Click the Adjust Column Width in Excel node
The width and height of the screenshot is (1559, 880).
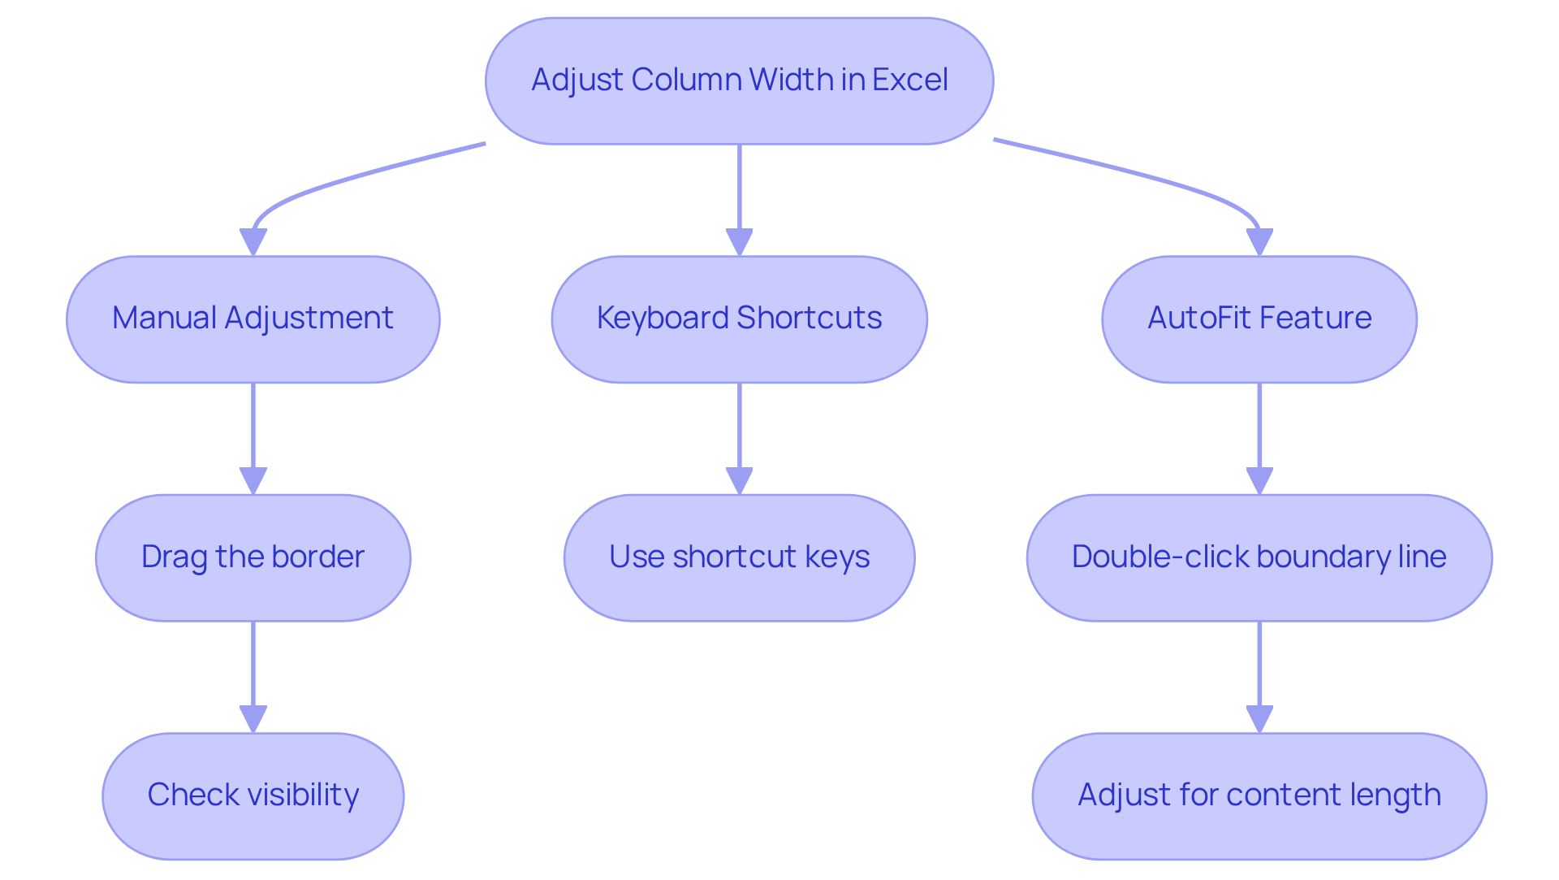[739, 81]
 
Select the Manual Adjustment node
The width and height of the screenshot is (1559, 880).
[253, 319]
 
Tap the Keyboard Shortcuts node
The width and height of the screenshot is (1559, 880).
[739, 319]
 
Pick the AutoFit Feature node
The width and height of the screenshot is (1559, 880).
[1259, 319]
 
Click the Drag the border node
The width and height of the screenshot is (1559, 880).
[253, 557]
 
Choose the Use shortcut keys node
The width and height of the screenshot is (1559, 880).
[739, 557]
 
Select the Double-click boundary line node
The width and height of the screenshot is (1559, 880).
[1259, 557]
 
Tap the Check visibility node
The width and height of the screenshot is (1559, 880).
[253, 795]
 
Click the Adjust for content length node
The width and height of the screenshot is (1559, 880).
[1259, 795]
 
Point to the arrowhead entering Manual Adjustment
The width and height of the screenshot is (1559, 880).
[253, 242]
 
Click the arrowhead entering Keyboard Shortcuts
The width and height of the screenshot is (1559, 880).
[739, 242]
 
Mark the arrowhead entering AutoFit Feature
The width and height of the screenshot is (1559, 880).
[1259, 242]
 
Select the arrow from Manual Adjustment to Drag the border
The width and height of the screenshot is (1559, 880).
[253, 431]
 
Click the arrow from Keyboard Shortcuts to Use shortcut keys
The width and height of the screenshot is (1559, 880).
[739, 431]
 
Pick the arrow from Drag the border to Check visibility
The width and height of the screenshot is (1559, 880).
[253, 670]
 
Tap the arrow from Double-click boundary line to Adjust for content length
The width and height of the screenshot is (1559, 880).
[1259, 670]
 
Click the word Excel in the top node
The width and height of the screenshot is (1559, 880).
[909, 80]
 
